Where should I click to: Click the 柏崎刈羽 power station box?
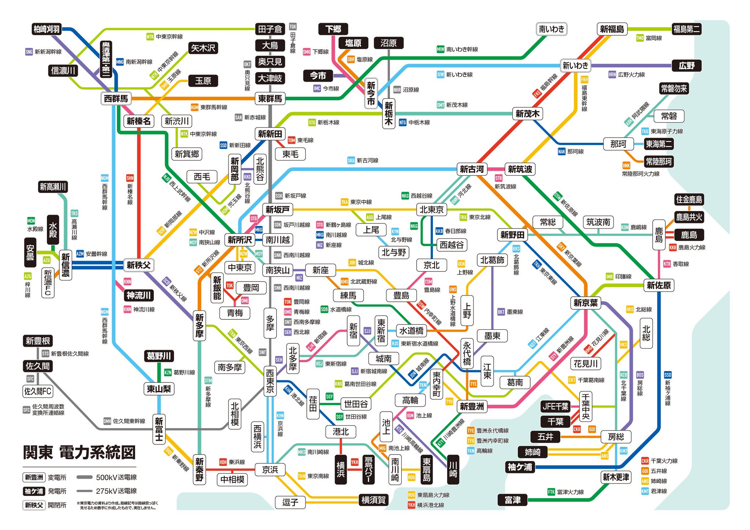[47, 29]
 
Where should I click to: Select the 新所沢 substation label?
[240, 240]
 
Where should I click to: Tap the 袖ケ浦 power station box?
[520, 467]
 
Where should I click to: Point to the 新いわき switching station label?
[575, 66]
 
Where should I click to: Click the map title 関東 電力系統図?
[79, 453]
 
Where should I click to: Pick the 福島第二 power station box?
[686, 29]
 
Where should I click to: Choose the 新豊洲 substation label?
[472, 406]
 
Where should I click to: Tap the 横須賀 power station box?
[373, 500]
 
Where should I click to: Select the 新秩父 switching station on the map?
[138, 265]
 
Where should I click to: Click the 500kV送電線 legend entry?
[106, 477]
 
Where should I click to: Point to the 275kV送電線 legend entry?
[106, 491]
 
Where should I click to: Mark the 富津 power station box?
[512, 500]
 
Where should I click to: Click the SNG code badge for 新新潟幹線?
[29, 52]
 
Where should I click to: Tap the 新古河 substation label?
[472, 169]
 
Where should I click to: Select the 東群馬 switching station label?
[270, 99]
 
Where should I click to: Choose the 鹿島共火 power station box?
[689, 217]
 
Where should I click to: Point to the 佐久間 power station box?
[38, 366]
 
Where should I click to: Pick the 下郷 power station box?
[333, 29]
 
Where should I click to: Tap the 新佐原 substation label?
[658, 285]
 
